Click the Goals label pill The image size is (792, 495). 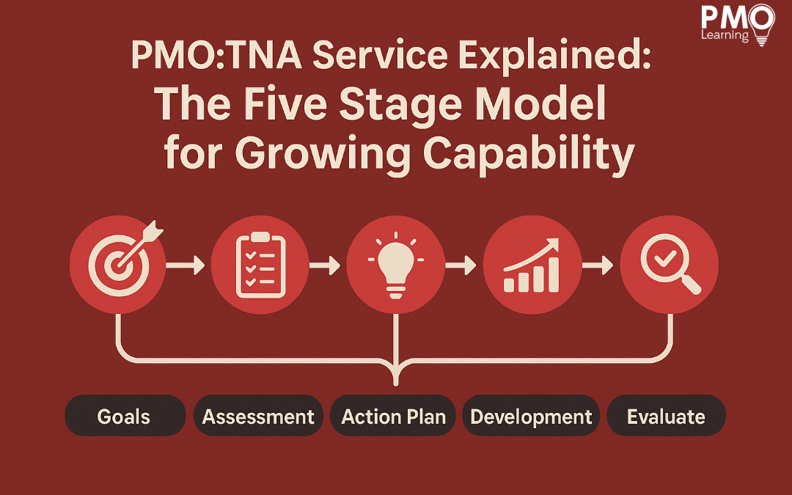click(x=125, y=416)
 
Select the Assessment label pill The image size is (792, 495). click(x=258, y=416)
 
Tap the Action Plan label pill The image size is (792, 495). click(x=393, y=416)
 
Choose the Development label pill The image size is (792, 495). click(x=531, y=416)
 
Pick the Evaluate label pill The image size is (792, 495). click(x=666, y=416)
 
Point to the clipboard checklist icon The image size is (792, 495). click(x=260, y=265)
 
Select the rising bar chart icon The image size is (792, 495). click(x=532, y=265)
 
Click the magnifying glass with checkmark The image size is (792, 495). click(x=670, y=263)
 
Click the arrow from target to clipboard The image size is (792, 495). click(x=185, y=265)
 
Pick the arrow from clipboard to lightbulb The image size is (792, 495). click(x=324, y=265)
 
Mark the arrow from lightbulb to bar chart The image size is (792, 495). click(x=461, y=265)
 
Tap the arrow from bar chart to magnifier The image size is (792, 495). click(x=598, y=265)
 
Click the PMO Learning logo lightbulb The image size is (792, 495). click(x=762, y=24)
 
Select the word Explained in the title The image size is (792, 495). click(x=554, y=56)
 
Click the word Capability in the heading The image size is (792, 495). click(x=528, y=154)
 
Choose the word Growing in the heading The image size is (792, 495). click(x=323, y=154)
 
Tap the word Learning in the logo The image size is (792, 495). click(x=725, y=35)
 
